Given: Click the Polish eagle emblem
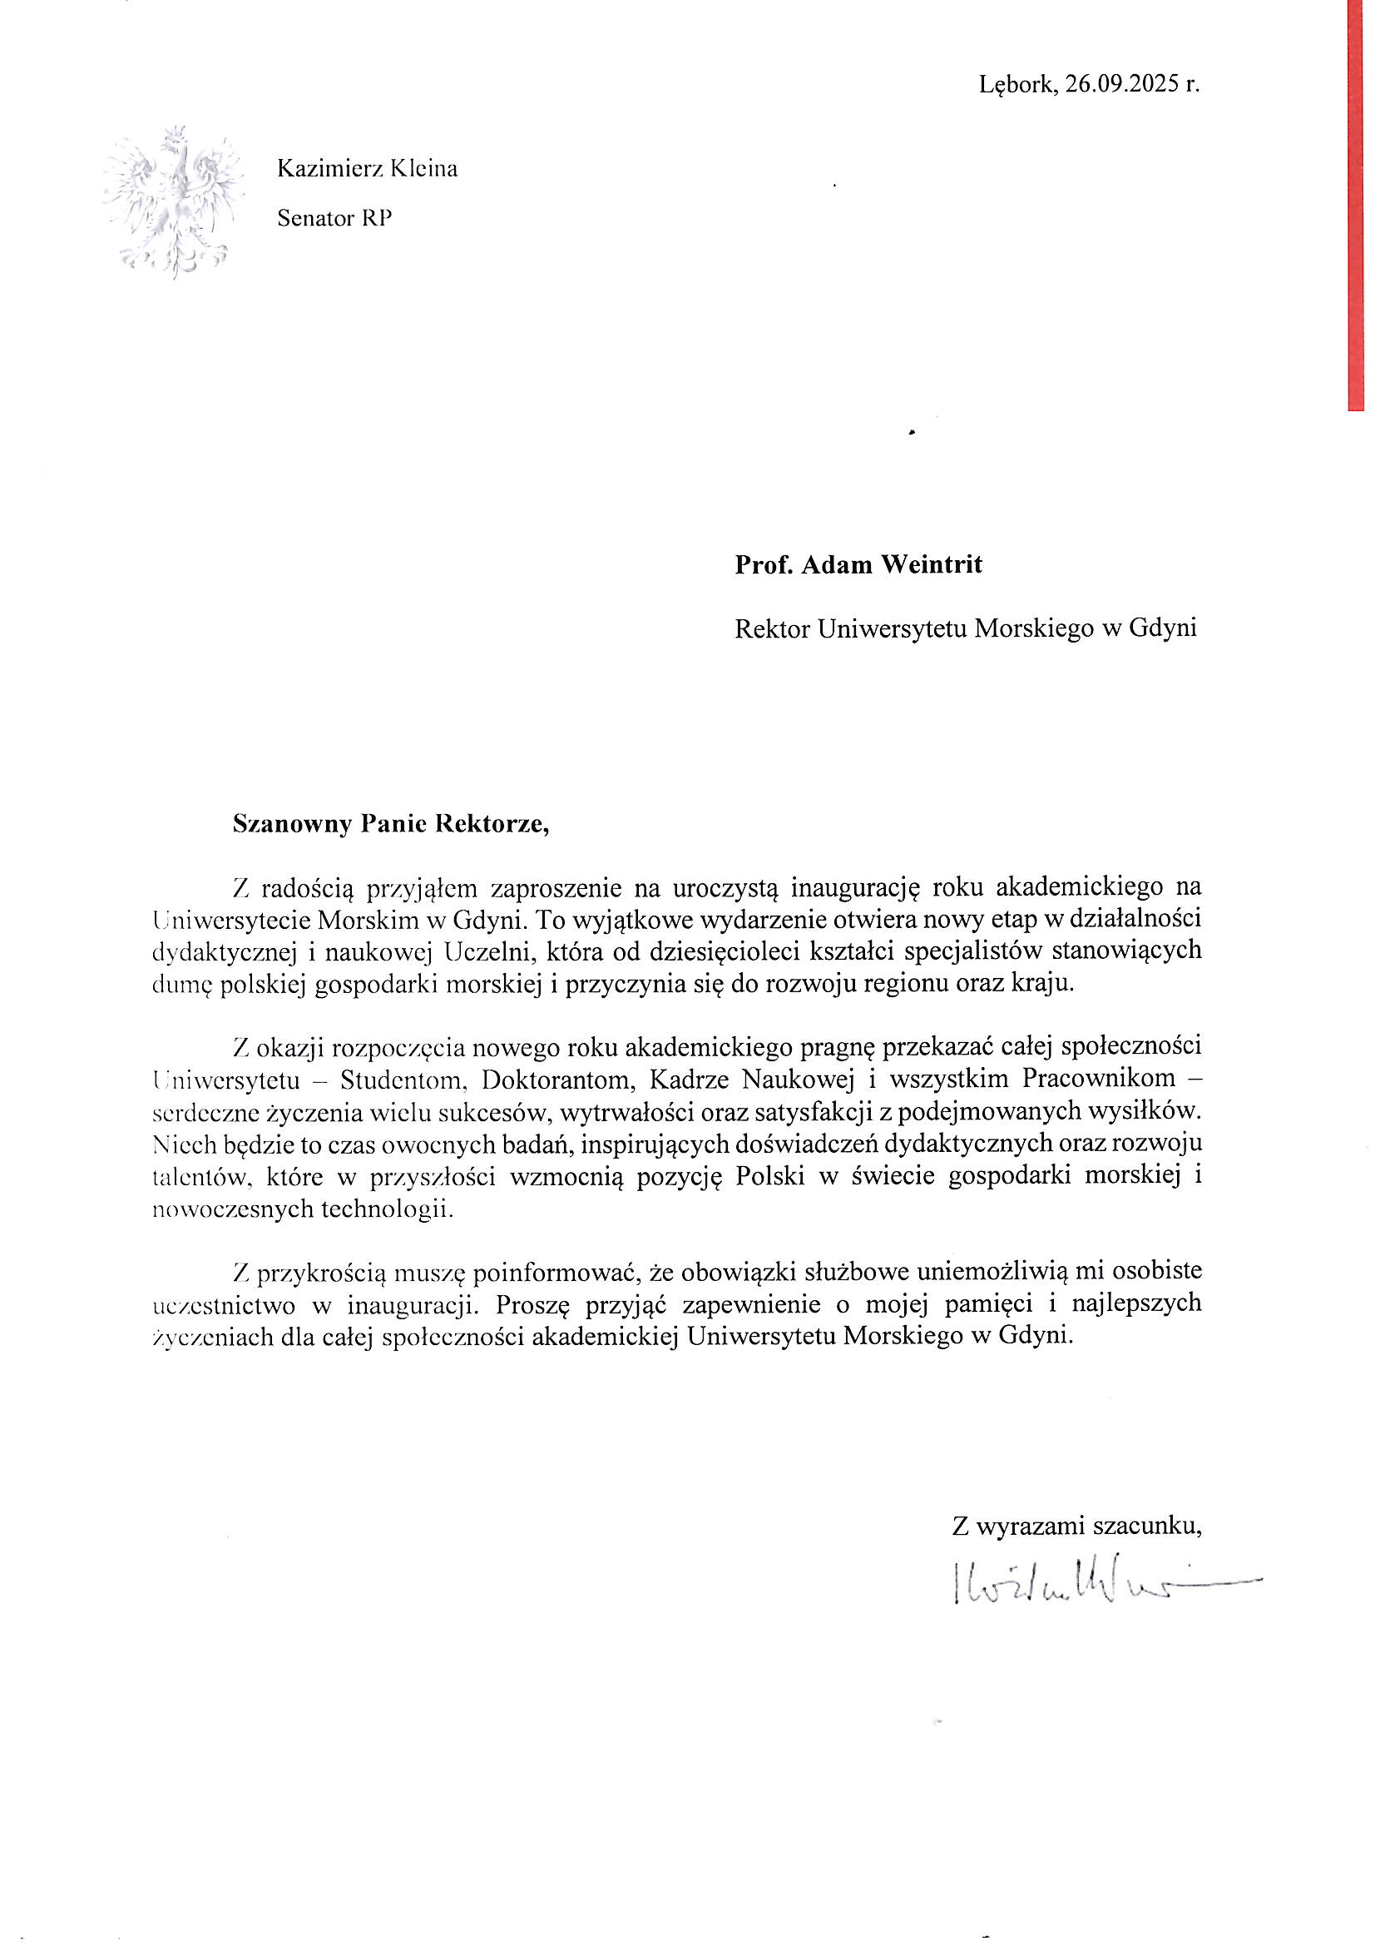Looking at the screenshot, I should coord(174,203).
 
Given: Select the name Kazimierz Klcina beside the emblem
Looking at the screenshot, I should coord(367,170).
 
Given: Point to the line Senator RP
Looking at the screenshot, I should coord(334,219).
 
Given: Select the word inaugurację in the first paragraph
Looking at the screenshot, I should coord(854,888).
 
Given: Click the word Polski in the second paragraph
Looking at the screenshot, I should coord(770,1176).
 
